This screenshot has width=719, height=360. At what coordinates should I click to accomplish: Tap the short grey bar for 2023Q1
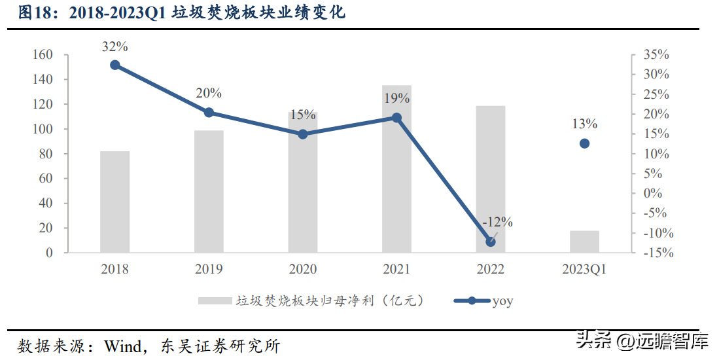pos(584,242)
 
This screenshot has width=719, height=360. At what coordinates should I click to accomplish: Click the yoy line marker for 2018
pos(115,65)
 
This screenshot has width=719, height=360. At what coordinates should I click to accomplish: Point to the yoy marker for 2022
pos(491,242)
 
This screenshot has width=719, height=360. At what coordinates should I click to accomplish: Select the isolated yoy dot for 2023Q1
pos(584,143)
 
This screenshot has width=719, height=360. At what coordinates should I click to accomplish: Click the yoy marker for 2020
pos(303,134)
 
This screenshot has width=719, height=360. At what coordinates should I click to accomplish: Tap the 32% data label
pos(115,46)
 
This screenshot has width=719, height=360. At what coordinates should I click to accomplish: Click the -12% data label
pos(497,222)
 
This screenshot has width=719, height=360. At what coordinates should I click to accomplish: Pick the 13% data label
pos(584,124)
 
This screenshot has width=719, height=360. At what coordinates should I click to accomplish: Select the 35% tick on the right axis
pos(656,55)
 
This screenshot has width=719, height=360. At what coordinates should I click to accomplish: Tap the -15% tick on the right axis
pos(657,253)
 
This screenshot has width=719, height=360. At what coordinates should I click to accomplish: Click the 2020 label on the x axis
pos(303,269)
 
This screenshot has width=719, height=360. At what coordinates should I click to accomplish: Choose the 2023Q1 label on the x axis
pos(584,269)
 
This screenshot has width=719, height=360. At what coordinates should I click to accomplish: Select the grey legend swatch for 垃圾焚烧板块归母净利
pos(215,301)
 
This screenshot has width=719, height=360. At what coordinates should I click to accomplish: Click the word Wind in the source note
pos(123,345)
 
